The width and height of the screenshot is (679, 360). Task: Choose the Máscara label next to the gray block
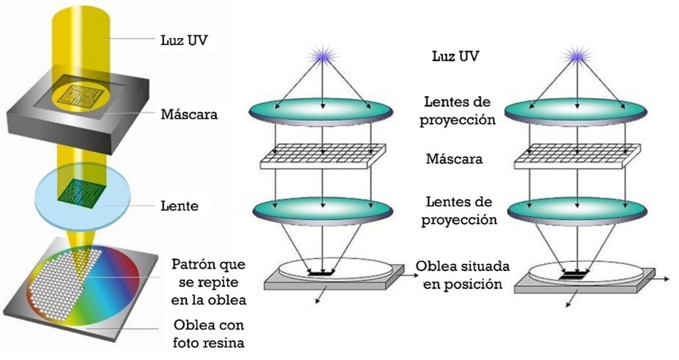click(189, 114)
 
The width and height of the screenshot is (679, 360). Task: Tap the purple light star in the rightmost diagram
click(576, 56)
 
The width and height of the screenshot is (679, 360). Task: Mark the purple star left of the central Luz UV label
click(322, 56)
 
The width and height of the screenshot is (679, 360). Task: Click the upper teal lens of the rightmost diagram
click(576, 110)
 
